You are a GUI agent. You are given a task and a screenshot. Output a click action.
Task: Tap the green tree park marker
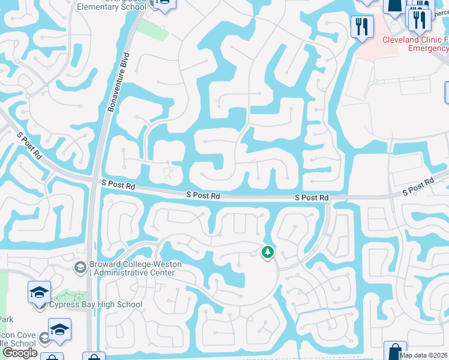[267, 253]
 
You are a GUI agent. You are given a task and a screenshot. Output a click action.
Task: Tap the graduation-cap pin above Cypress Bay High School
[39, 293]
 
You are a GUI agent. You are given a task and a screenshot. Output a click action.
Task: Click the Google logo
[20, 353]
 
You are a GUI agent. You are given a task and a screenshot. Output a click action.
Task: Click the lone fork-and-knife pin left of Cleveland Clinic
[362, 26]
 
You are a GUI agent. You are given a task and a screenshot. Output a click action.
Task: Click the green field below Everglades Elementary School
[153, 28]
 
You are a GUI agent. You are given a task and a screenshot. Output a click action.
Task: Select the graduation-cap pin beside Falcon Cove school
[59, 329]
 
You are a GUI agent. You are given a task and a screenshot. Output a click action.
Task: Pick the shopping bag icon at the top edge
[395, 5]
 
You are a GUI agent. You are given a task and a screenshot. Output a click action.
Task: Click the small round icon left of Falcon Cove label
[44, 338]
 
